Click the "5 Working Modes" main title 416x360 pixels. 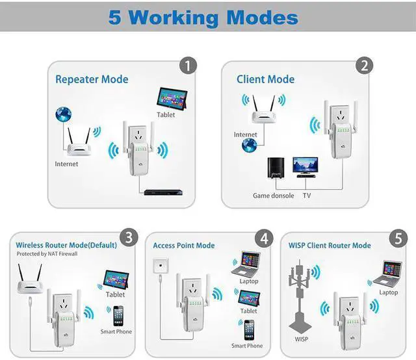pyautogui.click(x=203, y=17)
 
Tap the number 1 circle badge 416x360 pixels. pyautogui.click(x=188, y=65)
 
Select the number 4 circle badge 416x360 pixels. pyautogui.click(x=265, y=238)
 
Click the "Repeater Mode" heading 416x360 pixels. pyautogui.click(x=92, y=79)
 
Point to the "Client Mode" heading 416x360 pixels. pyautogui.click(x=265, y=79)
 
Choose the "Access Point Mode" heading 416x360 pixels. pyautogui.click(x=184, y=246)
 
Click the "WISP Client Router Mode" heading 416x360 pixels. pyautogui.click(x=330, y=246)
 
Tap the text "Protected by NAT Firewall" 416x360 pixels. pyautogui.click(x=47, y=254)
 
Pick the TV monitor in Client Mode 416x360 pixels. pyautogui.click(x=305, y=166)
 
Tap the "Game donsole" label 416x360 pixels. pyautogui.click(x=273, y=196)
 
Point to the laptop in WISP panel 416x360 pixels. pyautogui.click(x=390, y=274)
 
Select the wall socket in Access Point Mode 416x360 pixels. pyautogui.click(x=159, y=266)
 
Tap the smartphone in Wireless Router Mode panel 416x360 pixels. pyautogui.click(x=118, y=316)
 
